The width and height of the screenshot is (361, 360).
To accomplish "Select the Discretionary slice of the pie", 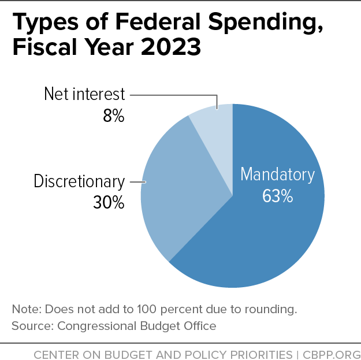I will [x=173, y=185].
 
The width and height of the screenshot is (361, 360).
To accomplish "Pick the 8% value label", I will [x=114, y=116].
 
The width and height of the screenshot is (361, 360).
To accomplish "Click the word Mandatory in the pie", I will [x=278, y=175].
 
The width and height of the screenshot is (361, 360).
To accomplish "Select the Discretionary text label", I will [x=79, y=181].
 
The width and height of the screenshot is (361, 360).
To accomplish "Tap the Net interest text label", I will [x=84, y=94].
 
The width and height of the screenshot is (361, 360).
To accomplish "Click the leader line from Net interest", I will [x=173, y=95].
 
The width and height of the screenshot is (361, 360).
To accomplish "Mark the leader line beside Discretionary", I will [x=137, y=181].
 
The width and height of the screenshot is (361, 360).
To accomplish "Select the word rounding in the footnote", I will [x=271, y=309].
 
